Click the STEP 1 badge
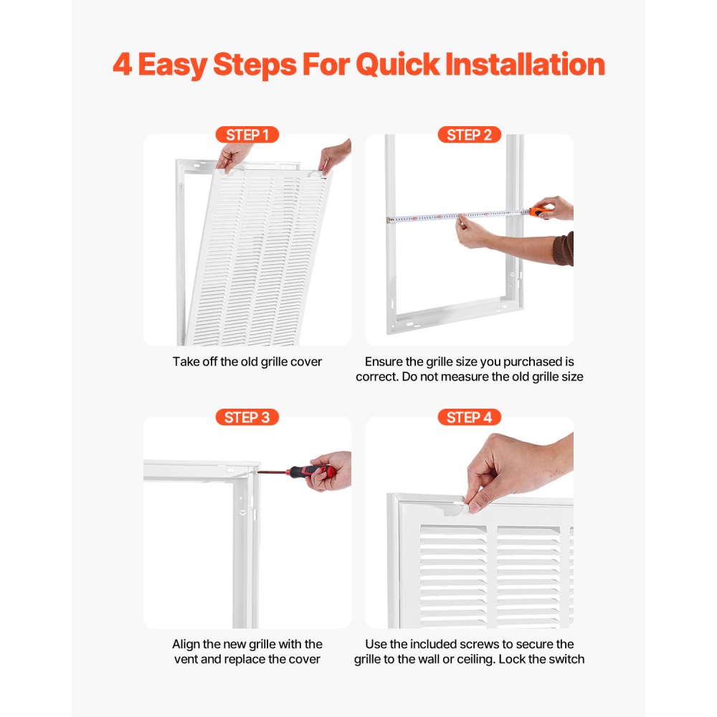point(247,135)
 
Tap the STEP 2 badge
point(469,135)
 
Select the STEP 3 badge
point(247,417)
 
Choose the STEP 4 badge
point(469,417)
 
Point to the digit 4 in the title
point(122,65)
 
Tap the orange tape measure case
point(538,211)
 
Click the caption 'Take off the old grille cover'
point(247,362)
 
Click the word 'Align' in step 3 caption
point(186,644)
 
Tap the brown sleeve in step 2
point(564,249)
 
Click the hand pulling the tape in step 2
point(473,233)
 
